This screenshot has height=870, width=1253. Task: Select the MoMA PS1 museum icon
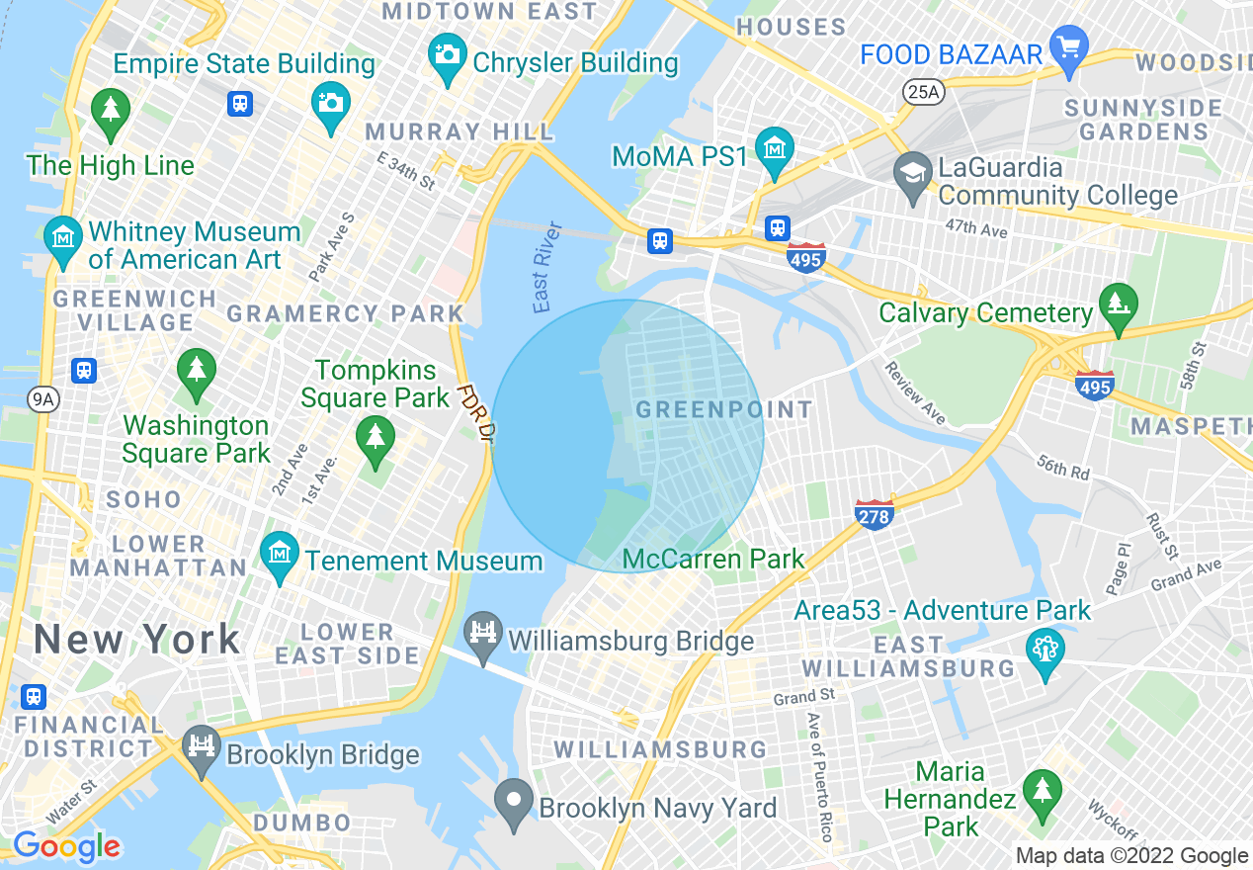pyautogui.click(x=775, y=147)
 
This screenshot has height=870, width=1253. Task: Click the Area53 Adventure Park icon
pyautogui.click(x=1044, y=649)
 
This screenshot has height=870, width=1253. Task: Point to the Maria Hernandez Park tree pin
pyautogui.click(x=1041, y=790)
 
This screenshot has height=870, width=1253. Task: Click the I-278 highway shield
pyautogui.click(x=875, y=513)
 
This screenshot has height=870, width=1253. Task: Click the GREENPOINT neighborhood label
pyautogui.click(x=724, y=409)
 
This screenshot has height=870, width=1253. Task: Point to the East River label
pyautogui.click(x=546, y=268)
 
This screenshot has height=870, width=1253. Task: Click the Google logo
pyautogui.click(x=66, y=846)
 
